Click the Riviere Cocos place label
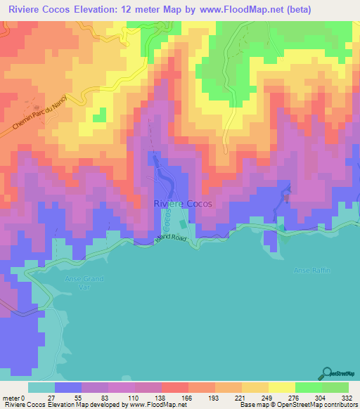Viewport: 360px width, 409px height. (182, 204)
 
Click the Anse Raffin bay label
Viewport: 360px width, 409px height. (311, 271)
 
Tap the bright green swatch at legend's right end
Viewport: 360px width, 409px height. (335, 387)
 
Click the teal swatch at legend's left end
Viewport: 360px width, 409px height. (41, 387)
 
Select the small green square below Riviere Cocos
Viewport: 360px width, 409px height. (184, 224)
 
